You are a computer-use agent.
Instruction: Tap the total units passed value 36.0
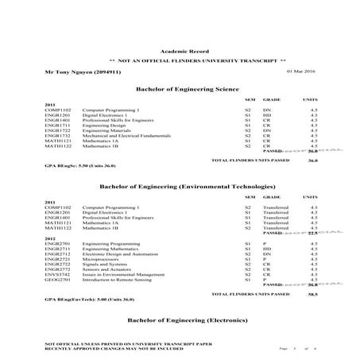pos(312,160)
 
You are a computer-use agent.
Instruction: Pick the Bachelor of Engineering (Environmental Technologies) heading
pos(180,186)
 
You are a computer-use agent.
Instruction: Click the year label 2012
pos(50,238)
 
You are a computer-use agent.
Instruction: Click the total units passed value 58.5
pos(312,293)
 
